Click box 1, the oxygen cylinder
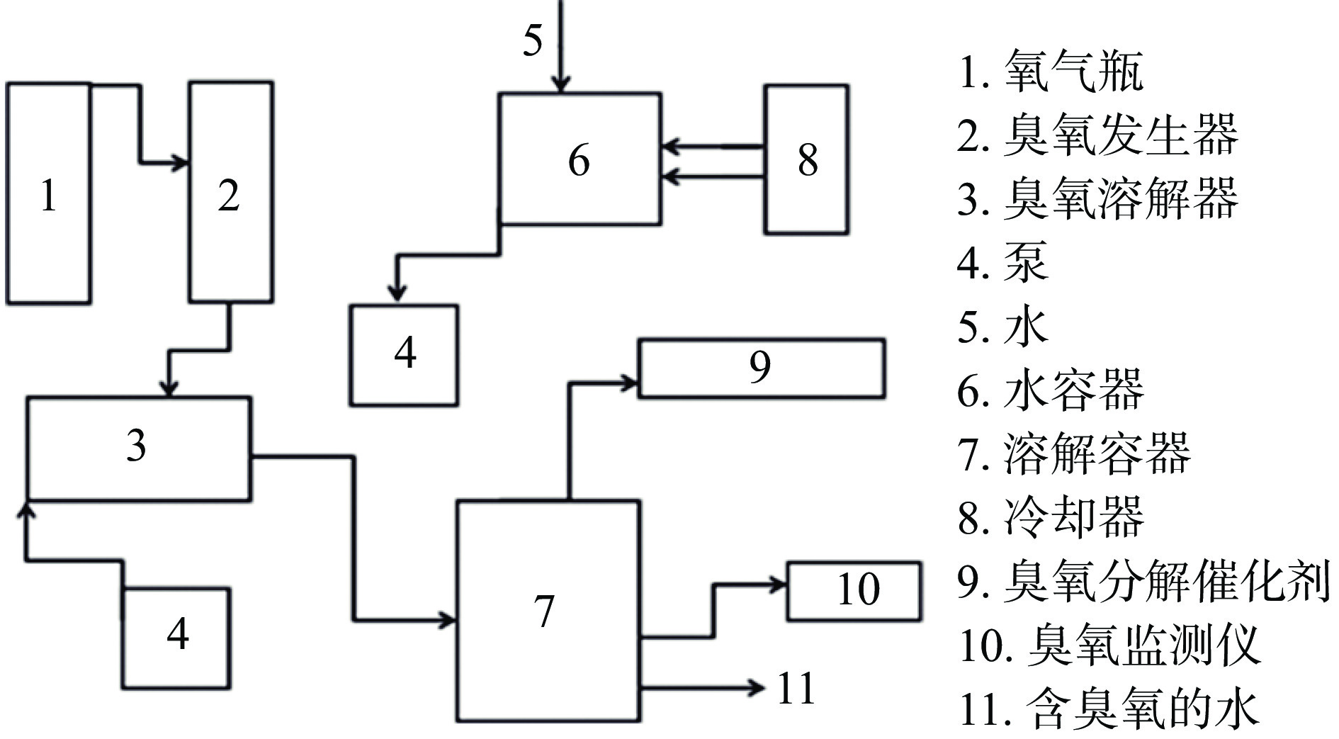(48, 193)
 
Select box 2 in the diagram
(230, 193)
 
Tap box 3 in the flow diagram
(138, 449)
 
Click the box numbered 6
(580, 159)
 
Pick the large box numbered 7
(548, 611)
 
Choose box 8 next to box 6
(806, 159)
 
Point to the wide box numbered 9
(762, 368)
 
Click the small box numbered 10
(854, 591)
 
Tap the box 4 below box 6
(404, 354)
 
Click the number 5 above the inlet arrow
(533, 40)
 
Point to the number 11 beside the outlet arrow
(796, 688)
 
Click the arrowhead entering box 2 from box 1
(181, 163)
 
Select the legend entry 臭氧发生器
(1097, 135)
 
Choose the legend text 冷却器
(1050, 517)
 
